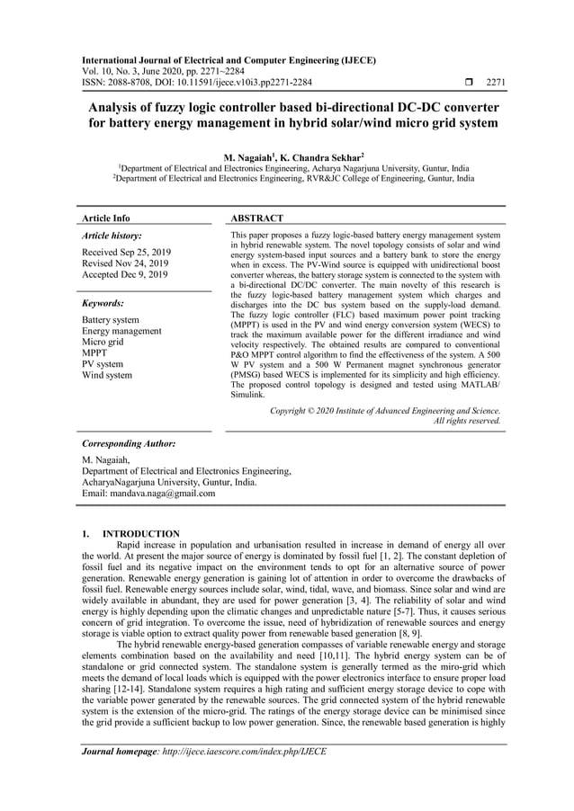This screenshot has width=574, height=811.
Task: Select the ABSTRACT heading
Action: [x=257, y=218]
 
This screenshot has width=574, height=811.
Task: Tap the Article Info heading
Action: [x=106, y=218]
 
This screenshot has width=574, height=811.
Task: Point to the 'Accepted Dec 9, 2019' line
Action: [x=124, y=274]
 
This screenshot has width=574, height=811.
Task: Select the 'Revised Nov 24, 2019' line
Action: [x=125, y=263]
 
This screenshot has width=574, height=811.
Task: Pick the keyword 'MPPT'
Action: [x=95, y=353]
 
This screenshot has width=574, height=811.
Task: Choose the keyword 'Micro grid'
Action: [x=105, y=343]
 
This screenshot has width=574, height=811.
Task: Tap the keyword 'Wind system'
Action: [x=107, y=376]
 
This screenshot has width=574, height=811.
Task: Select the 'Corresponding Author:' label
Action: [x=129, y=444]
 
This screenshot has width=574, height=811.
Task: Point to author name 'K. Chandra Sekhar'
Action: [x=317, y=157]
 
